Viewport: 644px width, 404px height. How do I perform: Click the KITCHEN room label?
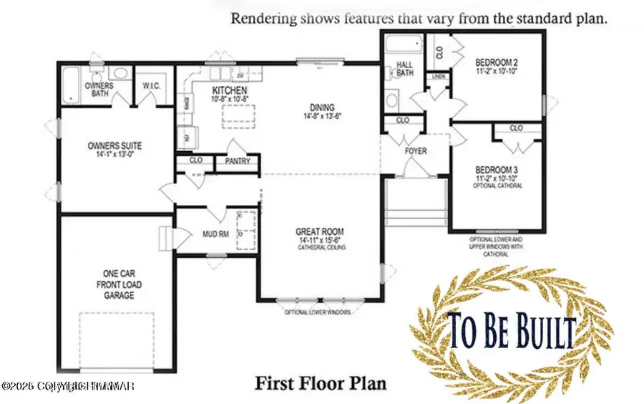(230, 91)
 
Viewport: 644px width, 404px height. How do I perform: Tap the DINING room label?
(316, 107)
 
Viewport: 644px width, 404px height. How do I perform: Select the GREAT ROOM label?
(320, 232)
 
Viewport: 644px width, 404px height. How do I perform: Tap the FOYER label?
(416, 151)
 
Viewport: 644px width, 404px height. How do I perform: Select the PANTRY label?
(238, 161)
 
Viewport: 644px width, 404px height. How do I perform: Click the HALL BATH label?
(405, 69)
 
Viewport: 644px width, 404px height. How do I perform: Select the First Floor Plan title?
(321, 383)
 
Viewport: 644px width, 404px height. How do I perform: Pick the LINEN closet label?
(438, 77)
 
